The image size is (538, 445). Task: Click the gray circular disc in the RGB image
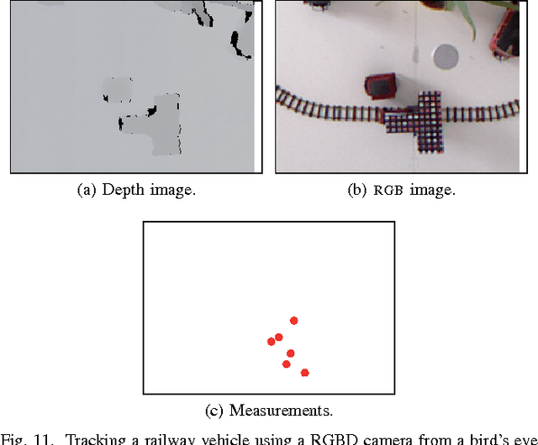pyautogui.click(x=445, y=56)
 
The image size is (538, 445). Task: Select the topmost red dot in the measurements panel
pyautogui.click(x=293, y=320)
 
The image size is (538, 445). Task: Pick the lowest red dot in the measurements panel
pyautogui.click(x=304, y=372)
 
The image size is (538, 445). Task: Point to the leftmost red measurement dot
pyautogui.click(x=271, y=341)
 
